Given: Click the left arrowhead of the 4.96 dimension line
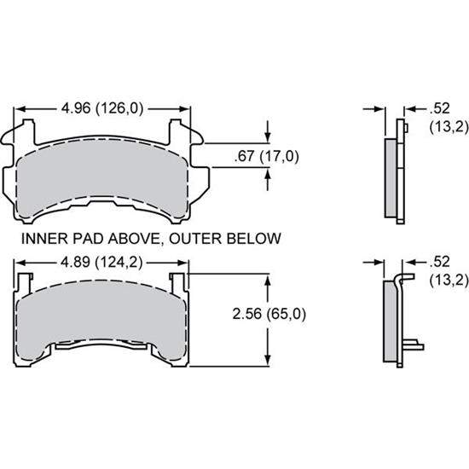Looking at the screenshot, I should (x=20, y=109).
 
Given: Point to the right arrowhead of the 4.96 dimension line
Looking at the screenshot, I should (x=184, y=109).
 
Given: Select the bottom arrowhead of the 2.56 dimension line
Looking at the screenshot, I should (x=269, y=360).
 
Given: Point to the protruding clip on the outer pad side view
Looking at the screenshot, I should (x=414, y=345).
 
